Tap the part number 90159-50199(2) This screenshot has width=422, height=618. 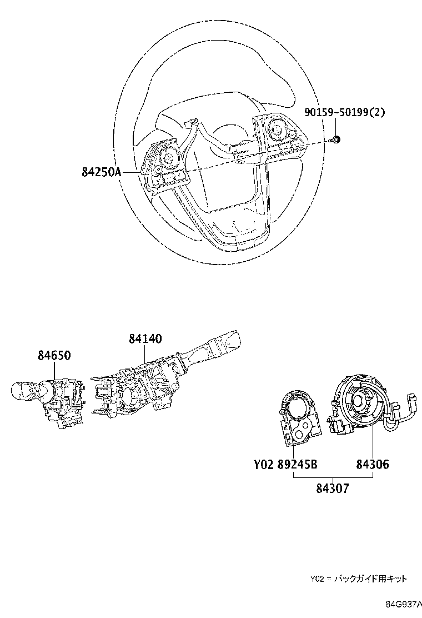[x=344, y=112]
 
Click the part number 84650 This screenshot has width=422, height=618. [x=54, y=356]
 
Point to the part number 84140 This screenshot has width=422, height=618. [x=145, y=338]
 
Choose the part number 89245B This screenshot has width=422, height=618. [x=297, y=464]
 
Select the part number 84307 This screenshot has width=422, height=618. [x=333, y=489]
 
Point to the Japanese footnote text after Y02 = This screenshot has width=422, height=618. [x=371, y=579]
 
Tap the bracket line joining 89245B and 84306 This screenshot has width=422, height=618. [x=333, y=478]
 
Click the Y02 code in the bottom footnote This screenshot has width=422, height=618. [x=316, y=579]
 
